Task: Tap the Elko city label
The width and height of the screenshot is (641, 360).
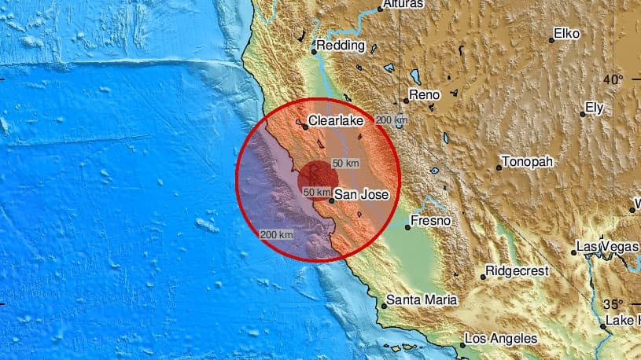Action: coord(566,34)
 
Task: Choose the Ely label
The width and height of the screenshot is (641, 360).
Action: coord(596,108)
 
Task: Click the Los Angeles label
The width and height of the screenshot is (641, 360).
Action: coord(501,338)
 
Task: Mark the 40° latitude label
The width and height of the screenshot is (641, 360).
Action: coord(613,79)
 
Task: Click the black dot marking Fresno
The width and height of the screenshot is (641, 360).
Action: coord(407,228)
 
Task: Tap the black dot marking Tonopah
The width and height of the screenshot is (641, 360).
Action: coord(499,167)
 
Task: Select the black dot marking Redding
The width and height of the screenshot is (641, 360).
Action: coord(314,52)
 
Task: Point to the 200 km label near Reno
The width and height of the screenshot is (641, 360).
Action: coord(391,119)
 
